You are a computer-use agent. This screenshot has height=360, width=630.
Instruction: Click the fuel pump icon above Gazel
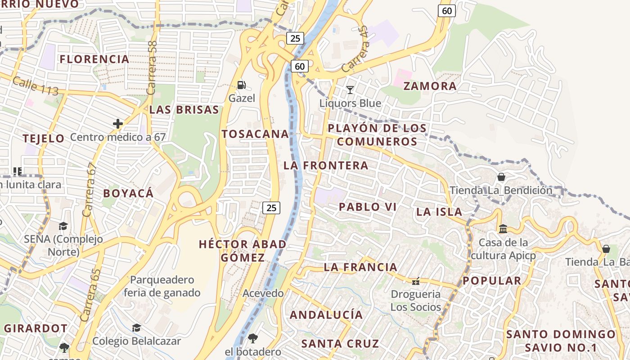point(242,85)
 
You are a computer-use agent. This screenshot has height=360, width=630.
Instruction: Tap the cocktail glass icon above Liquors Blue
point(350,90)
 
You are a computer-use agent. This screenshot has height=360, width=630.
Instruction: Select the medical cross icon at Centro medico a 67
point(118,123)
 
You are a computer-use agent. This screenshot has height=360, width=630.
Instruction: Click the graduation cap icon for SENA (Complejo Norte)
point(63,226)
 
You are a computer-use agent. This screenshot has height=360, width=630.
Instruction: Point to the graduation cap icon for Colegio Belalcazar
point(136,328)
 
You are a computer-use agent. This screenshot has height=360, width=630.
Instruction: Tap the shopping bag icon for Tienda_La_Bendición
point(501,177)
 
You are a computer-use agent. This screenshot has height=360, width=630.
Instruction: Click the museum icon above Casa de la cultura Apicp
point(503,229)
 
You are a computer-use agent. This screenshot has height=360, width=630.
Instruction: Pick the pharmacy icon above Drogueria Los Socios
point(415,281)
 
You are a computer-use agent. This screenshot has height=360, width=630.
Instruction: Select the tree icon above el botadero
point(253,338)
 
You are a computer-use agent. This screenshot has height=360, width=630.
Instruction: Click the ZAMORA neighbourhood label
point(430,86)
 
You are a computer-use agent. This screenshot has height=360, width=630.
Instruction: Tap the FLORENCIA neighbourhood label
point(94,59)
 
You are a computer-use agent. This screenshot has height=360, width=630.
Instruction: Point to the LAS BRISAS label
point(184,110)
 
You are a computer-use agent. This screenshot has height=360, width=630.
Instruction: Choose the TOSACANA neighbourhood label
point(255,134)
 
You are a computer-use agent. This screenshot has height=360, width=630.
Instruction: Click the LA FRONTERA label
point(326,166)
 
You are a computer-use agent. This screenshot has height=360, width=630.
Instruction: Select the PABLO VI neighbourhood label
point(367,207)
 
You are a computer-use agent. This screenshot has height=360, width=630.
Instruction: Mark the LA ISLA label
point(439,212)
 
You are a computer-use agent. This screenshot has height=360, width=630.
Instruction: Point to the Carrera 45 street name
point(356,49)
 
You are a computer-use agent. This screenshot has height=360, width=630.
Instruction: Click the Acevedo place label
point(263,293)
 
